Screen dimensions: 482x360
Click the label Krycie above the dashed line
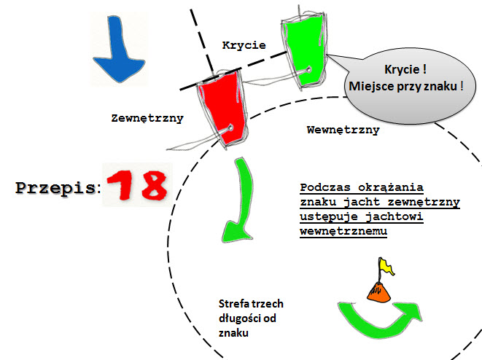coord(244,45)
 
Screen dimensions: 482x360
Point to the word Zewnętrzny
coord(147,118)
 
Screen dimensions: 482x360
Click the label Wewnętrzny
coord(343,130)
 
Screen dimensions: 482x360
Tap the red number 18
coord(137,185)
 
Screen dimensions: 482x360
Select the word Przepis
coord(55,188)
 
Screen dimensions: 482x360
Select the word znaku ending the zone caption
coord(233,333)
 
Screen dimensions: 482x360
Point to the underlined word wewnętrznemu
coord(343,231)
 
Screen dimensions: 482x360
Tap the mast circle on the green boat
coord(308,70)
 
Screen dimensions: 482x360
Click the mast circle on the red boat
coord(230,128)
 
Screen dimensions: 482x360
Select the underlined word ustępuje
coord(329,217)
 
